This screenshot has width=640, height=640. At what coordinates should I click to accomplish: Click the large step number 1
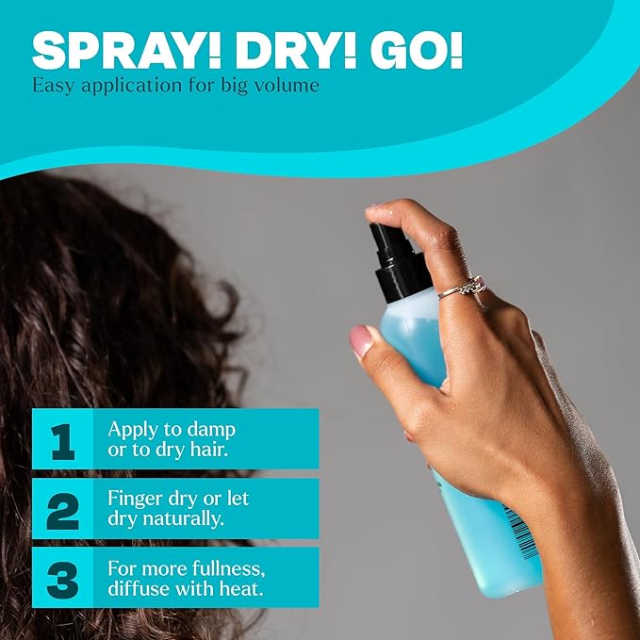(x=62, y=440)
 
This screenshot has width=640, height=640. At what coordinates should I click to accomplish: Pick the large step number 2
(x=62, y=509)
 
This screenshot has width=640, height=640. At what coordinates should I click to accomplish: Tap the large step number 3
(x=62, y=578)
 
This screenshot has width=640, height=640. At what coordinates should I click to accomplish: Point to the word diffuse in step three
(x=139, y=589)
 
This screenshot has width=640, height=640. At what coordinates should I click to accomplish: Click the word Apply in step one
(x=132, y=429)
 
